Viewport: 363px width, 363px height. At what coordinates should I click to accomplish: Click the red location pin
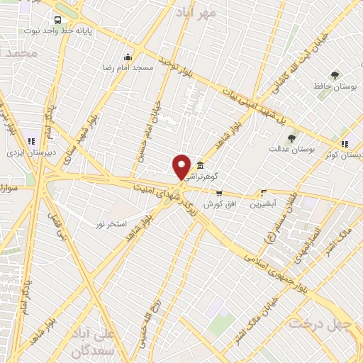pyautogui.click(x=181, y=167)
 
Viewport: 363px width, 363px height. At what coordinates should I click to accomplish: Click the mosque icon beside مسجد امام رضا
pyautogui.click(x=128, y=57)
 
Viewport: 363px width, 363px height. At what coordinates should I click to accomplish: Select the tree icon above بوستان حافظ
pyautogui.click(x=335, y=74)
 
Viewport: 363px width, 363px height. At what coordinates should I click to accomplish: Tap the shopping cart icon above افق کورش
pyautogui.click(x=219, y=193)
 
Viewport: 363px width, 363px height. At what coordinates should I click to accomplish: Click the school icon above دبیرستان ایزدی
pyautogui.click(x=30, y=140)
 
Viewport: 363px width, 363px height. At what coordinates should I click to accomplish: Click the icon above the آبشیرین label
pyautogui.click(x=264, y=192)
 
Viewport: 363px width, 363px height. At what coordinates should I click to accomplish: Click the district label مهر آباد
pyautogui.click(x=217, y=13)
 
